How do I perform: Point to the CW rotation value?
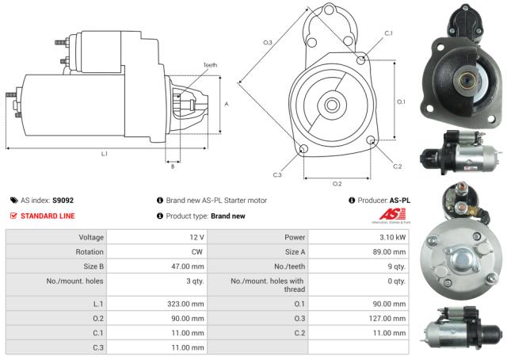point(197,252)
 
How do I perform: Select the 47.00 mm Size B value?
point(189,266)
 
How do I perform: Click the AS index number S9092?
point(63,201)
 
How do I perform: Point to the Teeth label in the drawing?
point(209,65)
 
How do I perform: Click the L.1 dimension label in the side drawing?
point(104,154)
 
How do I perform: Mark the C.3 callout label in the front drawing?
point(277,174)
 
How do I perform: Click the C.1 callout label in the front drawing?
point(388,33)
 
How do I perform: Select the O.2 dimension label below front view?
point(337,183)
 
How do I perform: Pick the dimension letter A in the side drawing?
point(227,104)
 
